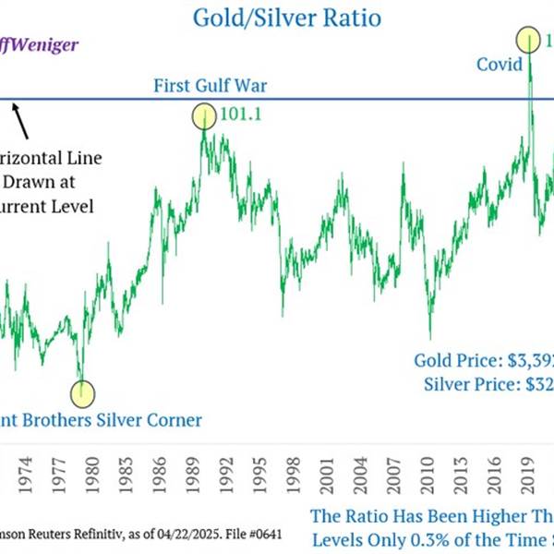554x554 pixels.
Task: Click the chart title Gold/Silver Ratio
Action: coord(285,17)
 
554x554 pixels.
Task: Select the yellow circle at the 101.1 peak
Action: coord(203,116)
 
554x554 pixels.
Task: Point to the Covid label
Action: coord(500,64)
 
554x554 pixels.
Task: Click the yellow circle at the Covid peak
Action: coord(529,40)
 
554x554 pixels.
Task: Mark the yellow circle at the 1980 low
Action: coord(83,392)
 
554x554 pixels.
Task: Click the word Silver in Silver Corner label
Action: coord(126,421)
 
